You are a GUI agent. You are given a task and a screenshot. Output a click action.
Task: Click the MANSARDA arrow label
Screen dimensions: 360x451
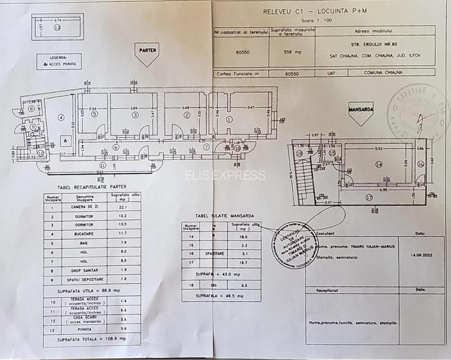pos(361,109)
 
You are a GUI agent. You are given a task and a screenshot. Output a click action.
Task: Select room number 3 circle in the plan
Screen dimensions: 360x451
pos(135,116)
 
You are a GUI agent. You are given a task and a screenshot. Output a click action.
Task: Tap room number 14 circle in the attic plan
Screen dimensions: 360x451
pos(378,164)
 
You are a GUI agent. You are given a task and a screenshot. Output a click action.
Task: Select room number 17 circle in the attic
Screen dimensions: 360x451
pos(369,197)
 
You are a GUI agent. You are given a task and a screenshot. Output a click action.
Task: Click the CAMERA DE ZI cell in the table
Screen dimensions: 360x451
pos(85,207)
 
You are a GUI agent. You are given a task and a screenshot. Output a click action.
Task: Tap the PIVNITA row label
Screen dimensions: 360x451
pos(85,329)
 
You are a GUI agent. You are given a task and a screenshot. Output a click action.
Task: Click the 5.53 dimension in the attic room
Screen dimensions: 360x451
pos(379,148)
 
